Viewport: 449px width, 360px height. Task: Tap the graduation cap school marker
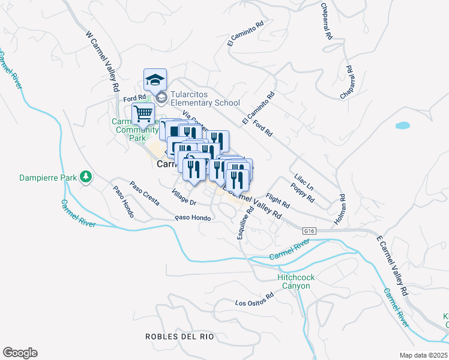click(155, 80)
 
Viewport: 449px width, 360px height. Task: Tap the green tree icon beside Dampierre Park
click(87, 176)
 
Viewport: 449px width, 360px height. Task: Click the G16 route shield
click(309, 230)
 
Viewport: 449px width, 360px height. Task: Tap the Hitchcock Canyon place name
click(294, 282)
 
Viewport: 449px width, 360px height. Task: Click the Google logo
click(19, 353)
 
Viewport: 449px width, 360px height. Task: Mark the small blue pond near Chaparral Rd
click(402, 126)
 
